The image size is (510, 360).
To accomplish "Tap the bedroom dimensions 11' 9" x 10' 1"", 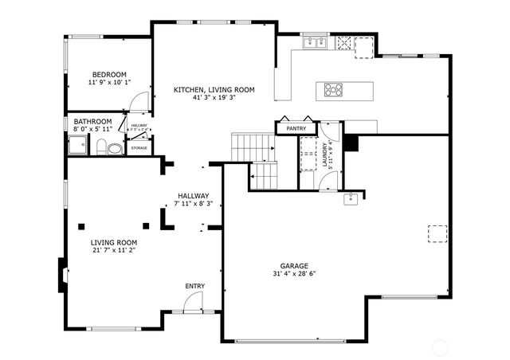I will point(108,82).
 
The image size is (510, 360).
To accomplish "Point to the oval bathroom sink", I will point(116,148).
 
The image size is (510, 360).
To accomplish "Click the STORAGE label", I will point(139,148).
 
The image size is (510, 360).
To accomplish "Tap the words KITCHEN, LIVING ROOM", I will point(214,90).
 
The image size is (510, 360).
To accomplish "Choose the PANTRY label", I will point(296,128).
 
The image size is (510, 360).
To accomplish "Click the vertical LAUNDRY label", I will point(325,155).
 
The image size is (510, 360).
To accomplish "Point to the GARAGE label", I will point(294,266).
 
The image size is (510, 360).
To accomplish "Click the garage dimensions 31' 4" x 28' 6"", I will point(294,274).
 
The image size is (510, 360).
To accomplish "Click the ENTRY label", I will point(194,286).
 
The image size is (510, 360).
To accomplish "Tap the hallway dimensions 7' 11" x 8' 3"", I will point(194,204).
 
